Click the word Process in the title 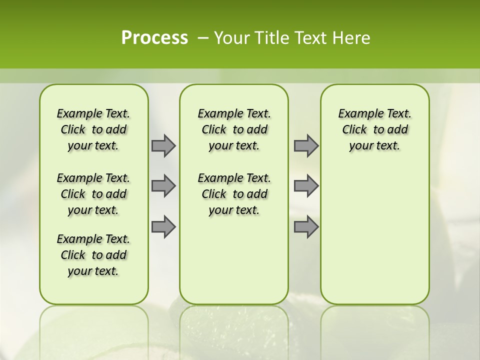tap(154, 38)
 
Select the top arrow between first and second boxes tap(163, 146)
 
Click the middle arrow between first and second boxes tap(163, 186)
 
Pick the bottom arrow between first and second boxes tap(163, 227)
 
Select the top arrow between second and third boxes tap(306, 146)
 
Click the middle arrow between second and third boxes tap(306, 186)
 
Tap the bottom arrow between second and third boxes tap(306, 227)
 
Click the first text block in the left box tap(93, 129)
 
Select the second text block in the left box tap(93, 194)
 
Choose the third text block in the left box tap(93, 255)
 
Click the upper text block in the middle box tap(234, 129)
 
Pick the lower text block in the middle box tap(234, 194)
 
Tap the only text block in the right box tap(374, 129)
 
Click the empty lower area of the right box tap(374, 235)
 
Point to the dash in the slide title tap(203, 38)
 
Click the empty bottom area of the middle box tap(234, 265)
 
